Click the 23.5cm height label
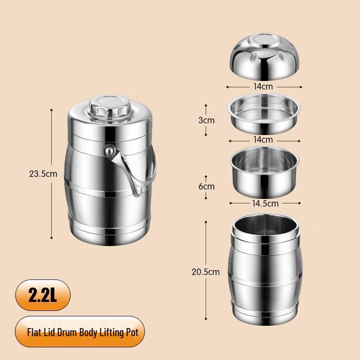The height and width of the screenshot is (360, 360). click(42, 173)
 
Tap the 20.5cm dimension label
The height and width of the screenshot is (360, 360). click(205, 271)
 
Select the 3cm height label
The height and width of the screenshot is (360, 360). click(207, 120)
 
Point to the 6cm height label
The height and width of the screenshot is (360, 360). click(207, 186)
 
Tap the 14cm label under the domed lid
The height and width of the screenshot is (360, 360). click(263, 87)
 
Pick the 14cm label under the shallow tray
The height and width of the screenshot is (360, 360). click(263, 139)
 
